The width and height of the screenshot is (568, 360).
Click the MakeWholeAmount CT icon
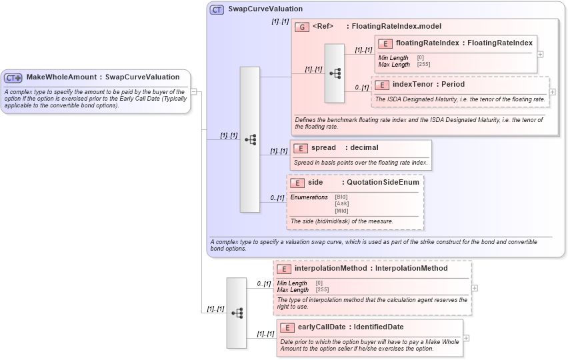click(14, 77)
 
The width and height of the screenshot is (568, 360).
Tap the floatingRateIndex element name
click(427, 43)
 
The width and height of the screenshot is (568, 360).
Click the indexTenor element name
click(409, 85)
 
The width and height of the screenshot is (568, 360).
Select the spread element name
click(323, 147)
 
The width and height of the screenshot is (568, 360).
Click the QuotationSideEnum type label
click(383, 182)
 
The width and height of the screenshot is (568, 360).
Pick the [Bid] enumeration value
click(341, 197)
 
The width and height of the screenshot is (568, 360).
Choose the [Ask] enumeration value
click(341, 203)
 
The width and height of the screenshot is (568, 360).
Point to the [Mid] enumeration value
click(341, 211)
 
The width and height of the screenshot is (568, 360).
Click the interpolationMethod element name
click(330, 268)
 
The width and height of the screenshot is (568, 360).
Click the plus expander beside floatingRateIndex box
click(540, 55)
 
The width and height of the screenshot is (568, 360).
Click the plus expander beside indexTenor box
click(552, 91)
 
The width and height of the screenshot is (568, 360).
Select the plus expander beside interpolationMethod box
click(474, 288)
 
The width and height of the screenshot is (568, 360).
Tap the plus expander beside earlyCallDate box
click(466, 338)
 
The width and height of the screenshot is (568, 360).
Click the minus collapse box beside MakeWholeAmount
click(193, 92)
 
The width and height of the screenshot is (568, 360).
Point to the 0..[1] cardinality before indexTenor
click(361, 87)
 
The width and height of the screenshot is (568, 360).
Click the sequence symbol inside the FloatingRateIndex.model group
click(335, 73)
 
